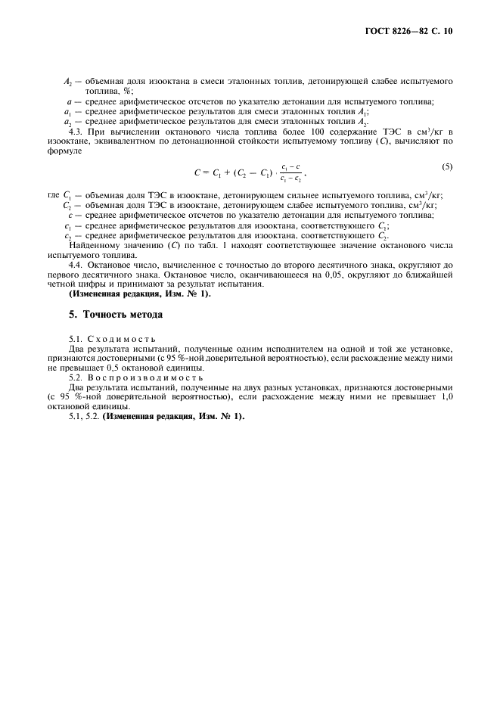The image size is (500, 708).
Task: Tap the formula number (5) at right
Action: point(446,165)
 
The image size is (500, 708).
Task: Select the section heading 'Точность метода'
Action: point(123,314)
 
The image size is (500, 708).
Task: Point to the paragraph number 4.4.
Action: point(76,266)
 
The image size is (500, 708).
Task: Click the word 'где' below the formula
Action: point(53,195)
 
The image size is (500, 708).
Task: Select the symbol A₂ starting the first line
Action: point(67,80)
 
